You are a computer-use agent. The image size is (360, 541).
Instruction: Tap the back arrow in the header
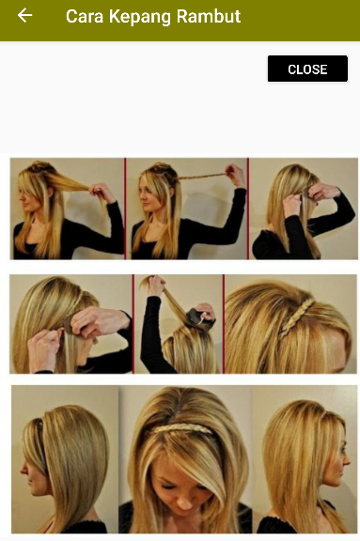(24, 16)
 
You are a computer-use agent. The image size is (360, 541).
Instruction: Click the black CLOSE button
(307, 69)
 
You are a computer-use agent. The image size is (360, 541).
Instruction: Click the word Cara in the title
(85, 16)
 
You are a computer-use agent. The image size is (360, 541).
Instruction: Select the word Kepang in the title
(140, 17)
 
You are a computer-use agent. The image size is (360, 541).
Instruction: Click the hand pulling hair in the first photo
(102, 192)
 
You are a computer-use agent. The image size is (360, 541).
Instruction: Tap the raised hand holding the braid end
(236, 175)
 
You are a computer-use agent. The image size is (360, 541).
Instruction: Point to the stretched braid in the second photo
(202, 177)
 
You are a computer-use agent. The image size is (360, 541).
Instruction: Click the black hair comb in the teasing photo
(196, 317)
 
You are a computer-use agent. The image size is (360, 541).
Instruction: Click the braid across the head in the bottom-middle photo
(181, 429)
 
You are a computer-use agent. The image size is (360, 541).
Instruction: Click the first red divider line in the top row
(125, 209)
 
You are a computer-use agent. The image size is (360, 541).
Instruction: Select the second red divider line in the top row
(248, 209)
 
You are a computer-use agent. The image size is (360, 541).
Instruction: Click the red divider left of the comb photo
(133, 324)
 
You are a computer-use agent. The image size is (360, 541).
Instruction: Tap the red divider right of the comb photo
(224, 324)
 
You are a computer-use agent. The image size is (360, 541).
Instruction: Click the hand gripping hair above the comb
(155, 285)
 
